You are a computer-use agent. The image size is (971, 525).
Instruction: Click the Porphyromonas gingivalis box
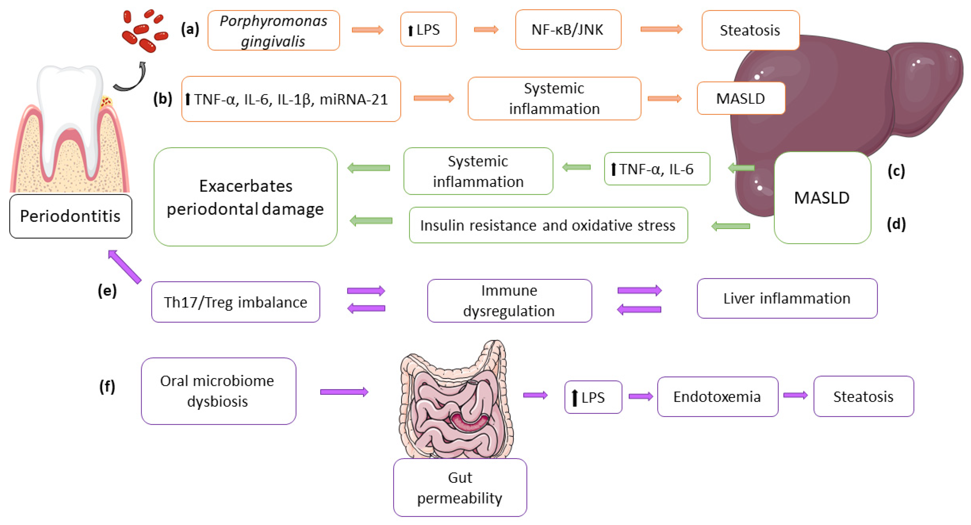coord(274,30)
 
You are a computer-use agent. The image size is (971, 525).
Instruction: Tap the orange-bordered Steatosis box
coord(750,30)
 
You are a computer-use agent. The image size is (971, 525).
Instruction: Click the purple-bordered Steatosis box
coord(863,396)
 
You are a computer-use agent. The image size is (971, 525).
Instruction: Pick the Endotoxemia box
coord(717,396)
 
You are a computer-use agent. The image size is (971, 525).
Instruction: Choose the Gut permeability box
coord(460,487)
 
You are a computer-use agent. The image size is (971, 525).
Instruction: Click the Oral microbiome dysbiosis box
coord(218,391)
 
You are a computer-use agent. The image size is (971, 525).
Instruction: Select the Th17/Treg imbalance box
coord(235,302)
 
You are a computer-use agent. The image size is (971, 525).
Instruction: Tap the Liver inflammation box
coord(787,298)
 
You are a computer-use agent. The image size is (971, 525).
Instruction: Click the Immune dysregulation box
coord(509,301)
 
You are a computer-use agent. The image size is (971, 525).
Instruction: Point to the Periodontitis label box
coord(70,216)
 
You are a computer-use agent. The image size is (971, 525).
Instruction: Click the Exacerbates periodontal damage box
coord(245,197)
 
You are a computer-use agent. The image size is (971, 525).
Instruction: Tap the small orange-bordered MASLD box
coord(740,98)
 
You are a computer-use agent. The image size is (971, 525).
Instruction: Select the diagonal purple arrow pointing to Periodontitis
coord(125,266)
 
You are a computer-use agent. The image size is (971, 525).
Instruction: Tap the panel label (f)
coord(107,386)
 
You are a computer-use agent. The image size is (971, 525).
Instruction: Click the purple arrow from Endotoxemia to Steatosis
coord(795,395)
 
